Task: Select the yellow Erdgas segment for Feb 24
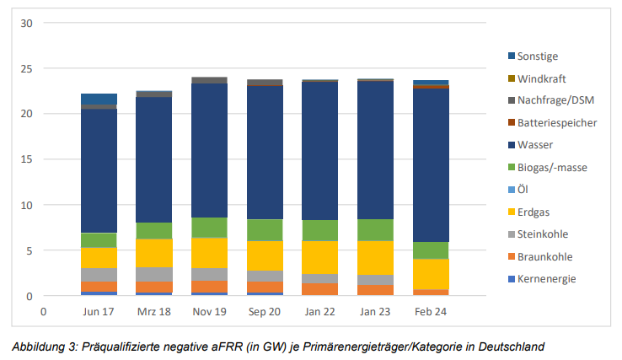pos(431,274)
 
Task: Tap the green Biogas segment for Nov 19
pos(209,228)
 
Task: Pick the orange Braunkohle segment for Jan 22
pos(319,289)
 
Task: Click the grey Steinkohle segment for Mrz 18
pos(154,274)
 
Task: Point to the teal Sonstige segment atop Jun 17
pos(99,99)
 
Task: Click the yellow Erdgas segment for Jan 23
pos(375,257)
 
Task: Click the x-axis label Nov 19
pos(209,310)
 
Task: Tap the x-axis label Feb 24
pos(431,310)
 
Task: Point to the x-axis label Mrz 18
pos(154,310)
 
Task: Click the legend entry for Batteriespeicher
pos(557,123)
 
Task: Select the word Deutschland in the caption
pos(510,346)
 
